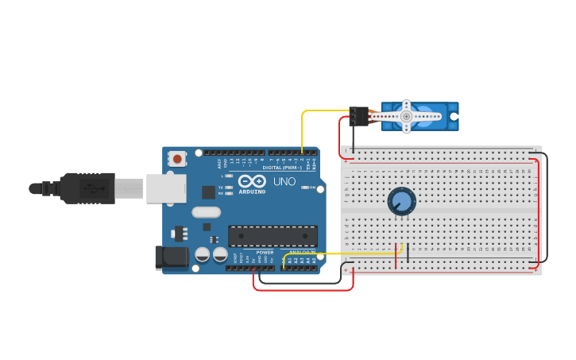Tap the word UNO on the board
click(284, 182)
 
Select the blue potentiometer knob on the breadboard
click(401, 202)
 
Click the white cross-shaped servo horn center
click(406, 116)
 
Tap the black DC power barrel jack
click(172, 256)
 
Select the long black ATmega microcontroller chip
click(273, 235)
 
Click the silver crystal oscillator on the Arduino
click(206, 212)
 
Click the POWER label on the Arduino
click(265, 252)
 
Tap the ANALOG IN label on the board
click(301, 252)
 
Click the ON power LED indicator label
click(312, 188)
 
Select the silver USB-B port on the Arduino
click(166, 188)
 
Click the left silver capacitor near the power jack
click(203, 254)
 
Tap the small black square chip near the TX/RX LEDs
click(208, 192)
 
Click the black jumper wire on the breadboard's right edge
click(547, 207)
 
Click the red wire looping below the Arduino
click(302, 290)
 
